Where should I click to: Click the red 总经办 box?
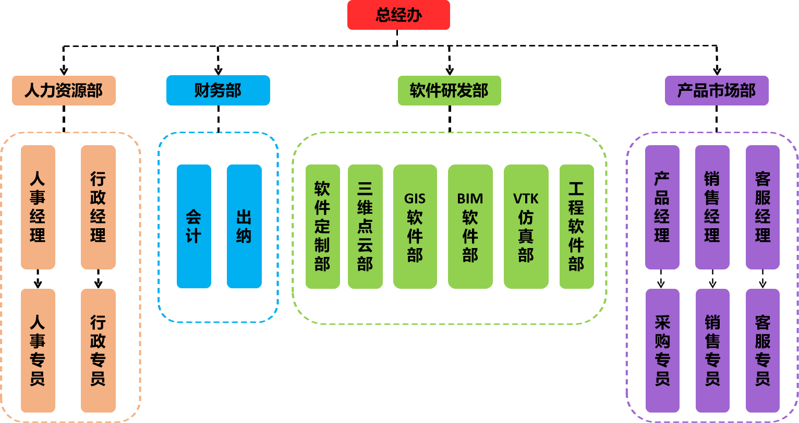tap(398, 15)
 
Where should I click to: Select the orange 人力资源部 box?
tap(64, 91)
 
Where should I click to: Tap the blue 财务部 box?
tap(218, 91)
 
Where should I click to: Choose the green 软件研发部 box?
tap(449, 91)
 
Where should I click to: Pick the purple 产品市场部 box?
tap(717, 91)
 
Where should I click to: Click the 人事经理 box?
tap(38, 207)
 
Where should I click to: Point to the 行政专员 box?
tap(98, 350)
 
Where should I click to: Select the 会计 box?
tap(193, 226)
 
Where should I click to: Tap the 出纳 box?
tap(244, 226)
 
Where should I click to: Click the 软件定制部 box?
tap(322, 226)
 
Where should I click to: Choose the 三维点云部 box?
tap(365, 226)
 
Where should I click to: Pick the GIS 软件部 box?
tap(415, 226)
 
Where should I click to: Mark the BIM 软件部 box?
tap(470, 226)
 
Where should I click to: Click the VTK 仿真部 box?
tap(526, 226)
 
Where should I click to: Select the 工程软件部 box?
tap(576, 226)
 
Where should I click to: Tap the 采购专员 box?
tap(662, 350)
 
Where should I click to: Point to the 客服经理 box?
tap(762, 207)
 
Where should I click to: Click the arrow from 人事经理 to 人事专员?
tap(38, 279)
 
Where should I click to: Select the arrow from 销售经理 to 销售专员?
tap(712, 279)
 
